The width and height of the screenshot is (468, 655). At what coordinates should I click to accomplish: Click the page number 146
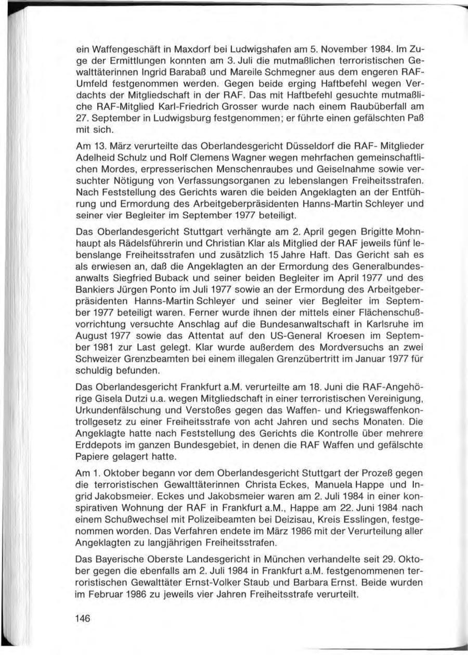click(83, 619)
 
